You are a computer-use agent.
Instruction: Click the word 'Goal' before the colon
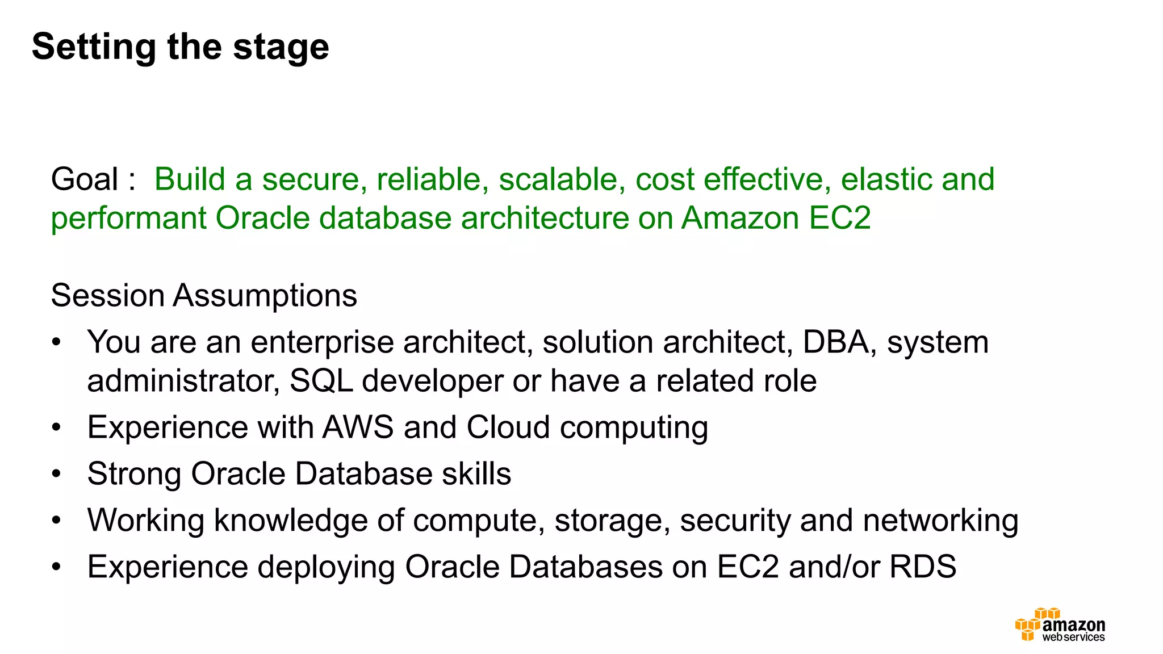[x=85, y=179]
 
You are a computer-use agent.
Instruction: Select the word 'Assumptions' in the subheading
[x=265, y=296]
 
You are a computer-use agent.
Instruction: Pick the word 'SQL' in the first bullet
[x=321, y=381]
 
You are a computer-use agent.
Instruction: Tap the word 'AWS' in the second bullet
[x=358, y=427]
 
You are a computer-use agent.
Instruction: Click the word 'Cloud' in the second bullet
[x=508, y=427]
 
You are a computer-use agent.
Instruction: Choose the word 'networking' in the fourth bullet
[x=940, y=521]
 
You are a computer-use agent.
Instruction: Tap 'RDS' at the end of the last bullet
[x=923, y=567]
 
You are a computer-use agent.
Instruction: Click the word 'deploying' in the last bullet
[x=326, y=568]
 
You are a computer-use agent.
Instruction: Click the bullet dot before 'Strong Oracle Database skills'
[x=56, y=474]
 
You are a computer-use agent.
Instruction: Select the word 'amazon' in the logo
[x=1074, y=625]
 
